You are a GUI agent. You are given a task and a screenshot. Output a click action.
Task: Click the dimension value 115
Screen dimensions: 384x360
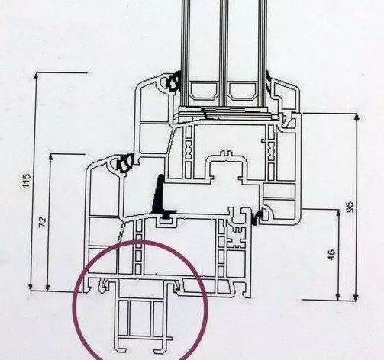pos(27,181)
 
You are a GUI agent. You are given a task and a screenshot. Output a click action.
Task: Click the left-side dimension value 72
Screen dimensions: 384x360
pos(43,222)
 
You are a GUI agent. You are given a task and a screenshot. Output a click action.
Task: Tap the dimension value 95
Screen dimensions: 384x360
pos(350,207)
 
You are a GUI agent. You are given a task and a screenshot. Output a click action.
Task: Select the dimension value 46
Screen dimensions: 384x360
pos(331,255)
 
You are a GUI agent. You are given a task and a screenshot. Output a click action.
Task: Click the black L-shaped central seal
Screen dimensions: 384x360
pos(161,197)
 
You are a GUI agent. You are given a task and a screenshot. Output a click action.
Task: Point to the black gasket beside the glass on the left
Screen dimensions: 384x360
pos(174,80)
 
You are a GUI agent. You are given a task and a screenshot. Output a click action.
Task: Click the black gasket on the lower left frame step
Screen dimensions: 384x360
pos(125,163)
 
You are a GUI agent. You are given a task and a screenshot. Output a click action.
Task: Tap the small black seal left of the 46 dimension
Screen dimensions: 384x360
pos(257,217)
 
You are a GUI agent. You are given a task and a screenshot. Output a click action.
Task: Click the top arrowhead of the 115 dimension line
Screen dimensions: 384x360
pos(37,76)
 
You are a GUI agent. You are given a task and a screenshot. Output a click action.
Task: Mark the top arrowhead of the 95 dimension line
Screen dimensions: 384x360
pos(357,117)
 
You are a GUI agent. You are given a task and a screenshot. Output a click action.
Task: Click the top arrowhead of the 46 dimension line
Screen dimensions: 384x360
pos(338,213)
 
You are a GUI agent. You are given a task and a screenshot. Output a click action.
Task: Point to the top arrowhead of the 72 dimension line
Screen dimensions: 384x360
pos(51,157)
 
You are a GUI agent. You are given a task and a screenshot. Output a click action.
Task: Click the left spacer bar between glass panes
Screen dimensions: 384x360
pos(205,91)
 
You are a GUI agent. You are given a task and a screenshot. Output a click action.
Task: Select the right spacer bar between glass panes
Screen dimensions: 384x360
pos(243,91)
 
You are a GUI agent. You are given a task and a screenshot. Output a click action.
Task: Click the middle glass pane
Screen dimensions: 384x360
pos(224,53)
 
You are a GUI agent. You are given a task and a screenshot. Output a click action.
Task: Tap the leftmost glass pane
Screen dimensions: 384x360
pos(186,53)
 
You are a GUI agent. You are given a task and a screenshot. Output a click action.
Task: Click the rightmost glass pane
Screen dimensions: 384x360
pos(262,53)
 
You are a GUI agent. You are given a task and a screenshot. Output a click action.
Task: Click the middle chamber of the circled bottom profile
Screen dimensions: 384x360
pos(140,318)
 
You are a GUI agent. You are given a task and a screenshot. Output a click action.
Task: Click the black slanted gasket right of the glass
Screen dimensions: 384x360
pos(268,81)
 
